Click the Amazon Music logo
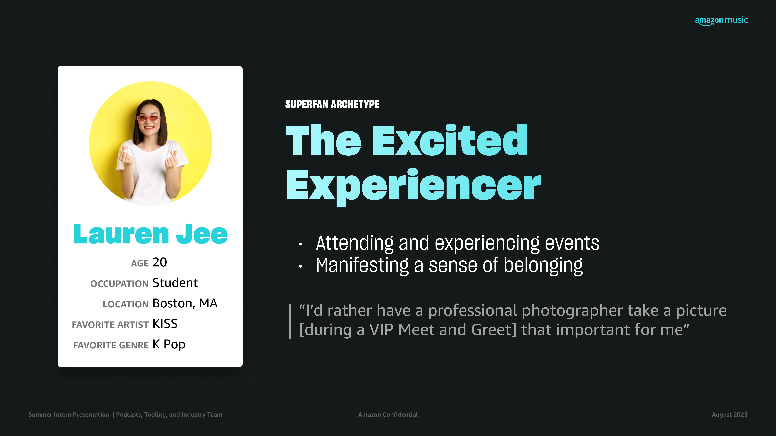coord(721,20)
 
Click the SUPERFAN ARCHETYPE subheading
coord(332,104)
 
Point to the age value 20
coord(160,262)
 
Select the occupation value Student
coord(175,283)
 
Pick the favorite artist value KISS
coord(165,324)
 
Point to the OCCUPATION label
coord(119,284)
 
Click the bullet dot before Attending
coord(300,244)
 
